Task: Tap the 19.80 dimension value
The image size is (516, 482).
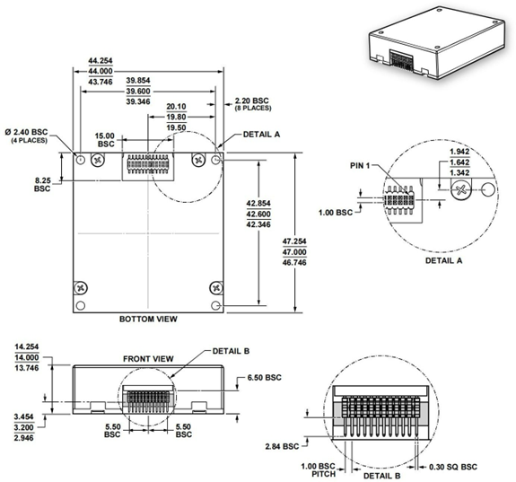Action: click(176, 117)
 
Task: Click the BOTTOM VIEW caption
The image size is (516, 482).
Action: click(148, 319)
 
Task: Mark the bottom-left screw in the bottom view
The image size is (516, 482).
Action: click(82, 288)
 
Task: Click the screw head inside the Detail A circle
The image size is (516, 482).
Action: click(461, 189)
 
